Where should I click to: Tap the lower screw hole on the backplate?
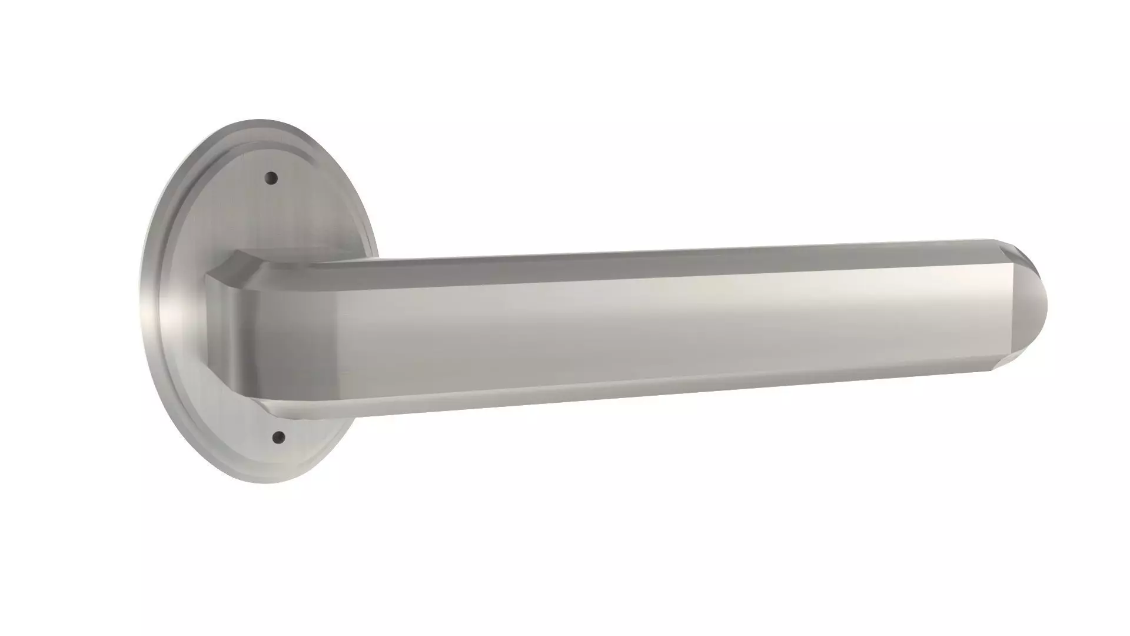(x=279, y=437)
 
